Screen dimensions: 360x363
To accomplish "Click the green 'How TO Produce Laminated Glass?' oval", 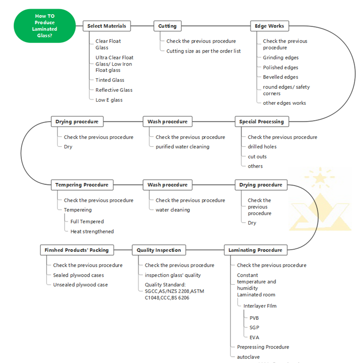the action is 45,26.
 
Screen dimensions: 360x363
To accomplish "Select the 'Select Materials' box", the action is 107,26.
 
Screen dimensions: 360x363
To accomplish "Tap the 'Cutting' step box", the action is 167,26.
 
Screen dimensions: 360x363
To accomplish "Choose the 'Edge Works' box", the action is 270,26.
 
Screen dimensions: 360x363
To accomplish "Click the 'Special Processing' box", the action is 261,121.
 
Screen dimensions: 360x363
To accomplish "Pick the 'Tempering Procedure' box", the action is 82,185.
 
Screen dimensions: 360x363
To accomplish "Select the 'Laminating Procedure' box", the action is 256,250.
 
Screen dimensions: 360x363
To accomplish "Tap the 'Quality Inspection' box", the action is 159,250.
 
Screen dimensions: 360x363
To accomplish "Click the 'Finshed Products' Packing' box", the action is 77,250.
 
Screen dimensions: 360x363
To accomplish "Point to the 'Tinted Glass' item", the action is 110,80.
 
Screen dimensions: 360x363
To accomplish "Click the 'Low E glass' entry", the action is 109,100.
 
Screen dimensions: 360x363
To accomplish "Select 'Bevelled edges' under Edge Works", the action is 280,77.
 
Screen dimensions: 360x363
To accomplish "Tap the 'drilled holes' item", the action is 262,147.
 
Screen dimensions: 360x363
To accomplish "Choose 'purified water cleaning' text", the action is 183,147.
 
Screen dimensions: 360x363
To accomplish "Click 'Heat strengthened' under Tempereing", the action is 92,232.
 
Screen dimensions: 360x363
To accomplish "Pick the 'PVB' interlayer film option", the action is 254,318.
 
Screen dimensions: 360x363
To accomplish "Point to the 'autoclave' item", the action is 248,357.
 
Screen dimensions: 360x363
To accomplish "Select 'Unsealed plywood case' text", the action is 81,285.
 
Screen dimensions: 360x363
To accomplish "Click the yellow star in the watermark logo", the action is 320,178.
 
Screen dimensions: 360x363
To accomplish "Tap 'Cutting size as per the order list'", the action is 203,51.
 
